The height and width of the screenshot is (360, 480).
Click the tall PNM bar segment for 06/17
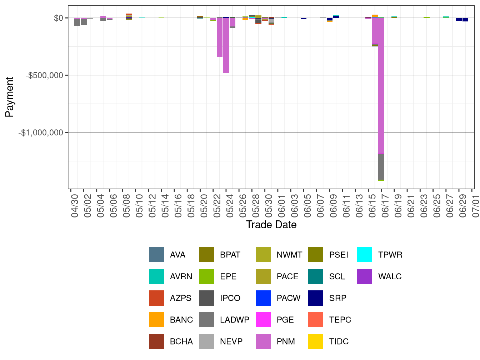click(x=381, y=86)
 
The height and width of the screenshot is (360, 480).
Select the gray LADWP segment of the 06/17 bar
click(x=381, y=166)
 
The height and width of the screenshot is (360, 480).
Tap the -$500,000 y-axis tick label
click(x=44, y=75)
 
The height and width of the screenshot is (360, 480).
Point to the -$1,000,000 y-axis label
click(x=41, y=133)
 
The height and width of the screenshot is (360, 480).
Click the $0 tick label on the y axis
click(x=58, y=18)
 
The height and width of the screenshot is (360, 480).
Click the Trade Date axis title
click(x=271, y=225)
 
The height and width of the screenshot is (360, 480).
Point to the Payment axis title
click(x=9, y=97)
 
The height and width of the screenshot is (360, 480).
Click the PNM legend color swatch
click(x=263, y=341)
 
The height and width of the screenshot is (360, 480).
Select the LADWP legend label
click(x=235, y=320)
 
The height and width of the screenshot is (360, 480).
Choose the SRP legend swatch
click(x=316, y=298)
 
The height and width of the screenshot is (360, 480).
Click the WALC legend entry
click(x=390, y=276)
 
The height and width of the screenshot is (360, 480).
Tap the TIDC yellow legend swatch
click(x=316, y=341)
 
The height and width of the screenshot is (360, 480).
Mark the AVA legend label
click(x=177, y=255)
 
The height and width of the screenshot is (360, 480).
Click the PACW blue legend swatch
click(x=263, y=298)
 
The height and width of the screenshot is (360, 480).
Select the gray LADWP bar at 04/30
click(x=77, y=22)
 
